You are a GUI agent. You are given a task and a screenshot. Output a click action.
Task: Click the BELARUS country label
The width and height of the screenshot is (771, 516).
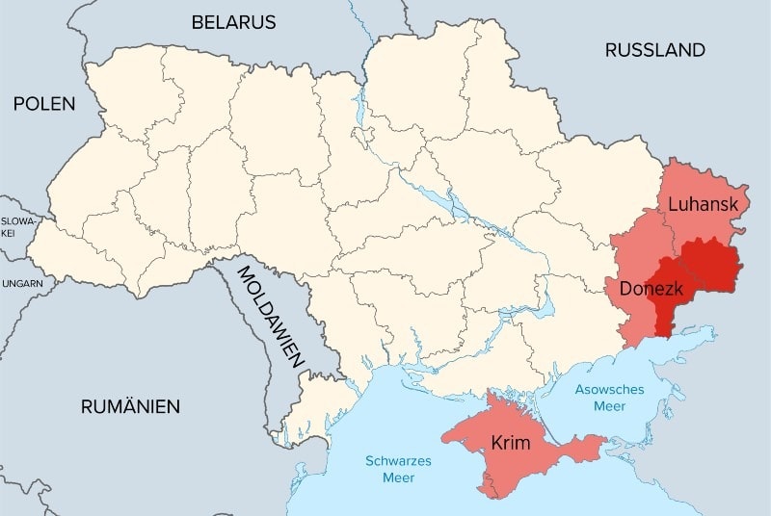click(233, 22)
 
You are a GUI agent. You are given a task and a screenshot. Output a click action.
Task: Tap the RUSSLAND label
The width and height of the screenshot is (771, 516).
click(654, 50)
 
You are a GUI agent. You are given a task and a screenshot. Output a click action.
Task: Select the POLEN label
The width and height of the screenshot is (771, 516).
click(44, 104)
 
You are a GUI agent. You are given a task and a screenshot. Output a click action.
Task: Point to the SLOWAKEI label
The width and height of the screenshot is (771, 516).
click(16, 227)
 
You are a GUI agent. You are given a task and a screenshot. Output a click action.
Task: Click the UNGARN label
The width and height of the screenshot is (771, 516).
click(20, 284)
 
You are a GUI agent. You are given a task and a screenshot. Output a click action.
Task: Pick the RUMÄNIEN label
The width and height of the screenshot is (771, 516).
click(130, 406)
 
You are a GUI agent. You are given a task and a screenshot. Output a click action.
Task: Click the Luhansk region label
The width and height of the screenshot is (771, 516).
click(703, 204)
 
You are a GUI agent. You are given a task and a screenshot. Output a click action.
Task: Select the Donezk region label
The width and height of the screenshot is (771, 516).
click(651, 288)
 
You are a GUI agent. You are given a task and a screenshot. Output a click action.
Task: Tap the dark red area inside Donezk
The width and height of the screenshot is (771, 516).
click(664, 308)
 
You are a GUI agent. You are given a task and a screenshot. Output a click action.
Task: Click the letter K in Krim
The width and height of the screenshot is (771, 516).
click(495, 443)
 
